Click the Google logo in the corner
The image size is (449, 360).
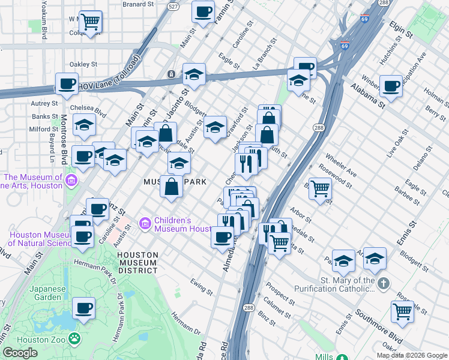[x=20, y=353]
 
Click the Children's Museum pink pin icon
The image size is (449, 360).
[x=145, y=224]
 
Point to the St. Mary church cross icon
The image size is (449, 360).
[x=385, y=283]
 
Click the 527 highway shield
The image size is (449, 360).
[x=173, y=7]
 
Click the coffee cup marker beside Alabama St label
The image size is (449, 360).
[x=391, y=86]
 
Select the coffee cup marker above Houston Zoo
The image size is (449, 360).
[x=84, y=308]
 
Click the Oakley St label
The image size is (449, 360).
[x=83, y=64]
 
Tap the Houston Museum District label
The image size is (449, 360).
[x=138, y=263]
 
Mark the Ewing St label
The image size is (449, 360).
[x=201, y=287]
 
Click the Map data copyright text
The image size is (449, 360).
[x=412, y=355]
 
